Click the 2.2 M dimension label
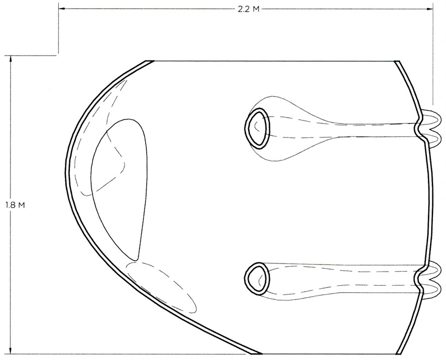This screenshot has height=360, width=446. tap(249, 9)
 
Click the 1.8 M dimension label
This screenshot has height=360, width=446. tap(15, 205)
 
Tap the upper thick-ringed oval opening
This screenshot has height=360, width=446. tap(257, 128)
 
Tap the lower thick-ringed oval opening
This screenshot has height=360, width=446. tap(257, 278)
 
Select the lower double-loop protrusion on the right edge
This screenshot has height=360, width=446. tap(429, 279)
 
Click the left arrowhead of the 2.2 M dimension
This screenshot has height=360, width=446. tap(62, 9)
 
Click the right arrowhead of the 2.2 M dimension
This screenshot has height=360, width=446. tap(430, 9)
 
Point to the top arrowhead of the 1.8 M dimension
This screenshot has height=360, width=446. tap(10, 59)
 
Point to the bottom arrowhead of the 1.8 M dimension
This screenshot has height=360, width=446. tap(10, 350)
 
